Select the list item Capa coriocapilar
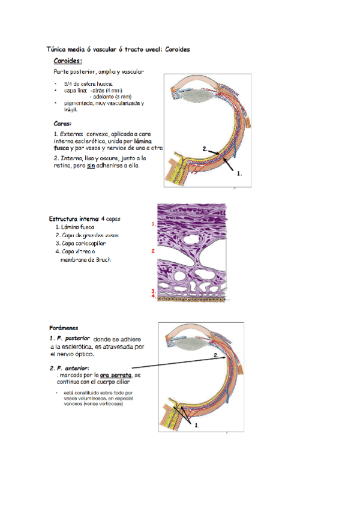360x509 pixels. [x=83, y=244]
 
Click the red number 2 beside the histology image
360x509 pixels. [x=154, y=250]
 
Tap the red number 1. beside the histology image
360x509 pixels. [x=154, y=223]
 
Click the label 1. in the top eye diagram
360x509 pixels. [x=240, y=173]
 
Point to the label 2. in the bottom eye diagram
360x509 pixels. [x=217, y=356]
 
